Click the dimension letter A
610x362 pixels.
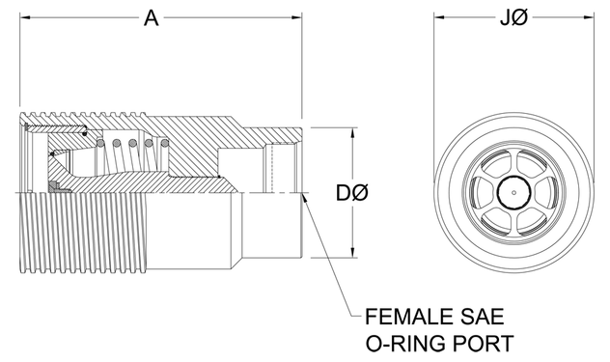[x=151, y=18]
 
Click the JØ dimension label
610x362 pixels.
[x=513, y=18]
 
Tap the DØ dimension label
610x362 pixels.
[x=352, y=193]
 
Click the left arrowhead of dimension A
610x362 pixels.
[x=25, y=17]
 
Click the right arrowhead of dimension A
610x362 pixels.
[x=296, y=17]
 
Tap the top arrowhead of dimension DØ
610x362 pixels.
[x=352, y=133]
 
